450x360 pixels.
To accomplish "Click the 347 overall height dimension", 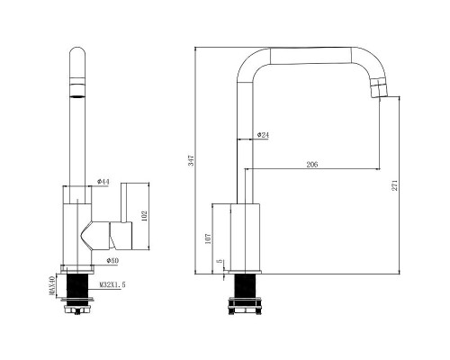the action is (x=192, y=160).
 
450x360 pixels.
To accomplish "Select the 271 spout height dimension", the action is (x=395, y=185).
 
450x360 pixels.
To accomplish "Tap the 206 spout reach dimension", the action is (x=312, y=165).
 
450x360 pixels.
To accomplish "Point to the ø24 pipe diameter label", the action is (x=263, y=135).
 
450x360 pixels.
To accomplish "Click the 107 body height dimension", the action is (x=208, y=238).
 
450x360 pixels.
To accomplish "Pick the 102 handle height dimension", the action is (x=145, y=216).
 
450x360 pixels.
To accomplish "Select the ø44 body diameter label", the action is (x=103, y=182).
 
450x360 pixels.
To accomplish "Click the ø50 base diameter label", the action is (x=112, y=261).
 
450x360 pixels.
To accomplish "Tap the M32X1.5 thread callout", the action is (x=112, y=284).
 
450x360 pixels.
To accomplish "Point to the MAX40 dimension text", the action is (x=52, y=286).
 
